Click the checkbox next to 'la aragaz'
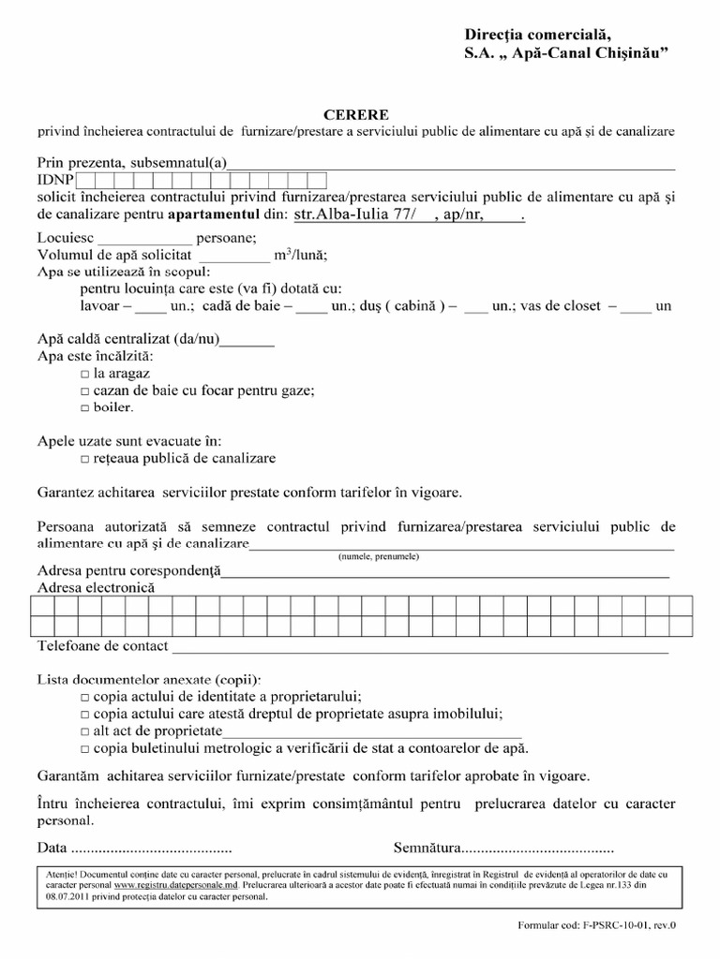(85, 374)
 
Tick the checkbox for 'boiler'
(85, 409)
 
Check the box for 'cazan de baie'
(85, 391)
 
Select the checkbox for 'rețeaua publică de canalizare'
(85, 460)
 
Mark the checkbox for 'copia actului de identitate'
(85, 698)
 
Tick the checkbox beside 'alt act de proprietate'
(85, 731)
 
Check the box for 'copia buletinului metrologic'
(85, 748)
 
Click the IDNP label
(55, 179)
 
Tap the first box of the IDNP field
(85, 179)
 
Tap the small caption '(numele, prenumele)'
(379, 556)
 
